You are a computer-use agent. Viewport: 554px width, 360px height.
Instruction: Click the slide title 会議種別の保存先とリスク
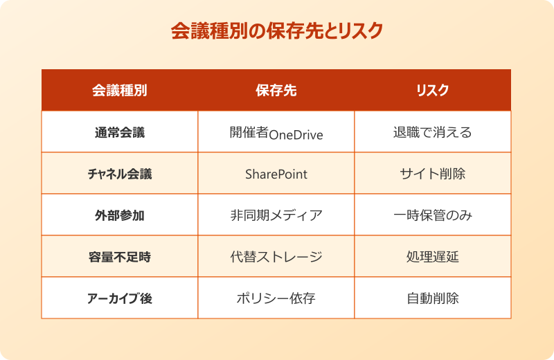276,32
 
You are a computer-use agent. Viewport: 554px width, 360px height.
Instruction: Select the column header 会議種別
119,90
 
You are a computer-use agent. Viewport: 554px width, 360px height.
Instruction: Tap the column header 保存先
276,90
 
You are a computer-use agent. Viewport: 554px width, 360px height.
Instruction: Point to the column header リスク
432,90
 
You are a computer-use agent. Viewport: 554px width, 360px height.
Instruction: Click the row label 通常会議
119,132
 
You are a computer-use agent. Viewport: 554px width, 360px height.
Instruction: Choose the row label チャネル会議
119,174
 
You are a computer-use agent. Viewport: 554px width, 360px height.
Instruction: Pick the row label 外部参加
119,215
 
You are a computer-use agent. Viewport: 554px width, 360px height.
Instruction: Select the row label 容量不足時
119,257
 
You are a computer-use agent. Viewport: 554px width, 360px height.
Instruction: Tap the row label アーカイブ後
119,299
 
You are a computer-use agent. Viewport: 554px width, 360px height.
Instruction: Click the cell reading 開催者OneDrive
276,133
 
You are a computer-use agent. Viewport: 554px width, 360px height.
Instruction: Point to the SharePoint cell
276,174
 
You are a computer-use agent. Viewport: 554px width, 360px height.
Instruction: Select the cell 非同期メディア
276,215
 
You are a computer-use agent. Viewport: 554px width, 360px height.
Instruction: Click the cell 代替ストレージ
276,257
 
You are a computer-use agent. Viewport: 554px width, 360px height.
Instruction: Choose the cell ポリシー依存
276,299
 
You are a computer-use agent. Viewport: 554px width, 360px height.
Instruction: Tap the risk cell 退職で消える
432,132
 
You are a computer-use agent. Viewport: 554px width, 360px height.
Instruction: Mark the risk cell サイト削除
432,174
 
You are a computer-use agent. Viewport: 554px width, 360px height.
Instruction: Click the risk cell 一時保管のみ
432,215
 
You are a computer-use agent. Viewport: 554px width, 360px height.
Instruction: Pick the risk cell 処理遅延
432,257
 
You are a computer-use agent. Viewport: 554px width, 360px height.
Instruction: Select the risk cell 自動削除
432,299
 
